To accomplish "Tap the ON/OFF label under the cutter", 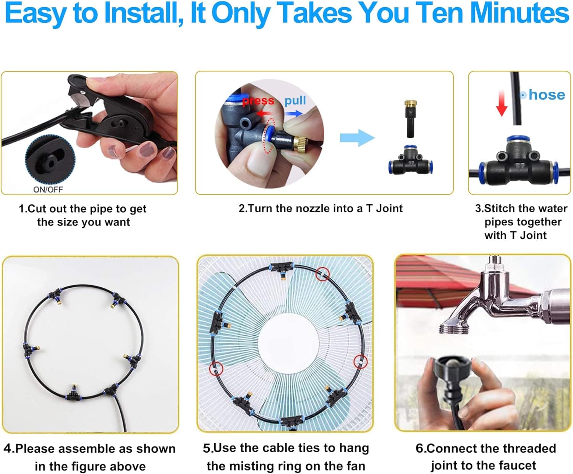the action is (x=48, y=189).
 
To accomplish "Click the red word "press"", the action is (x=258, y=101).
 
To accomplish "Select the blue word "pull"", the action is (x=295, y=101).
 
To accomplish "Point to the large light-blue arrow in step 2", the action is (x=357, y=138).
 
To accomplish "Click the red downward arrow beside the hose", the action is (x=502, y=103).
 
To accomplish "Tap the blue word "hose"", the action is (x=547, y=95).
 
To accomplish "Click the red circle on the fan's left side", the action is (x=216, y=369).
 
